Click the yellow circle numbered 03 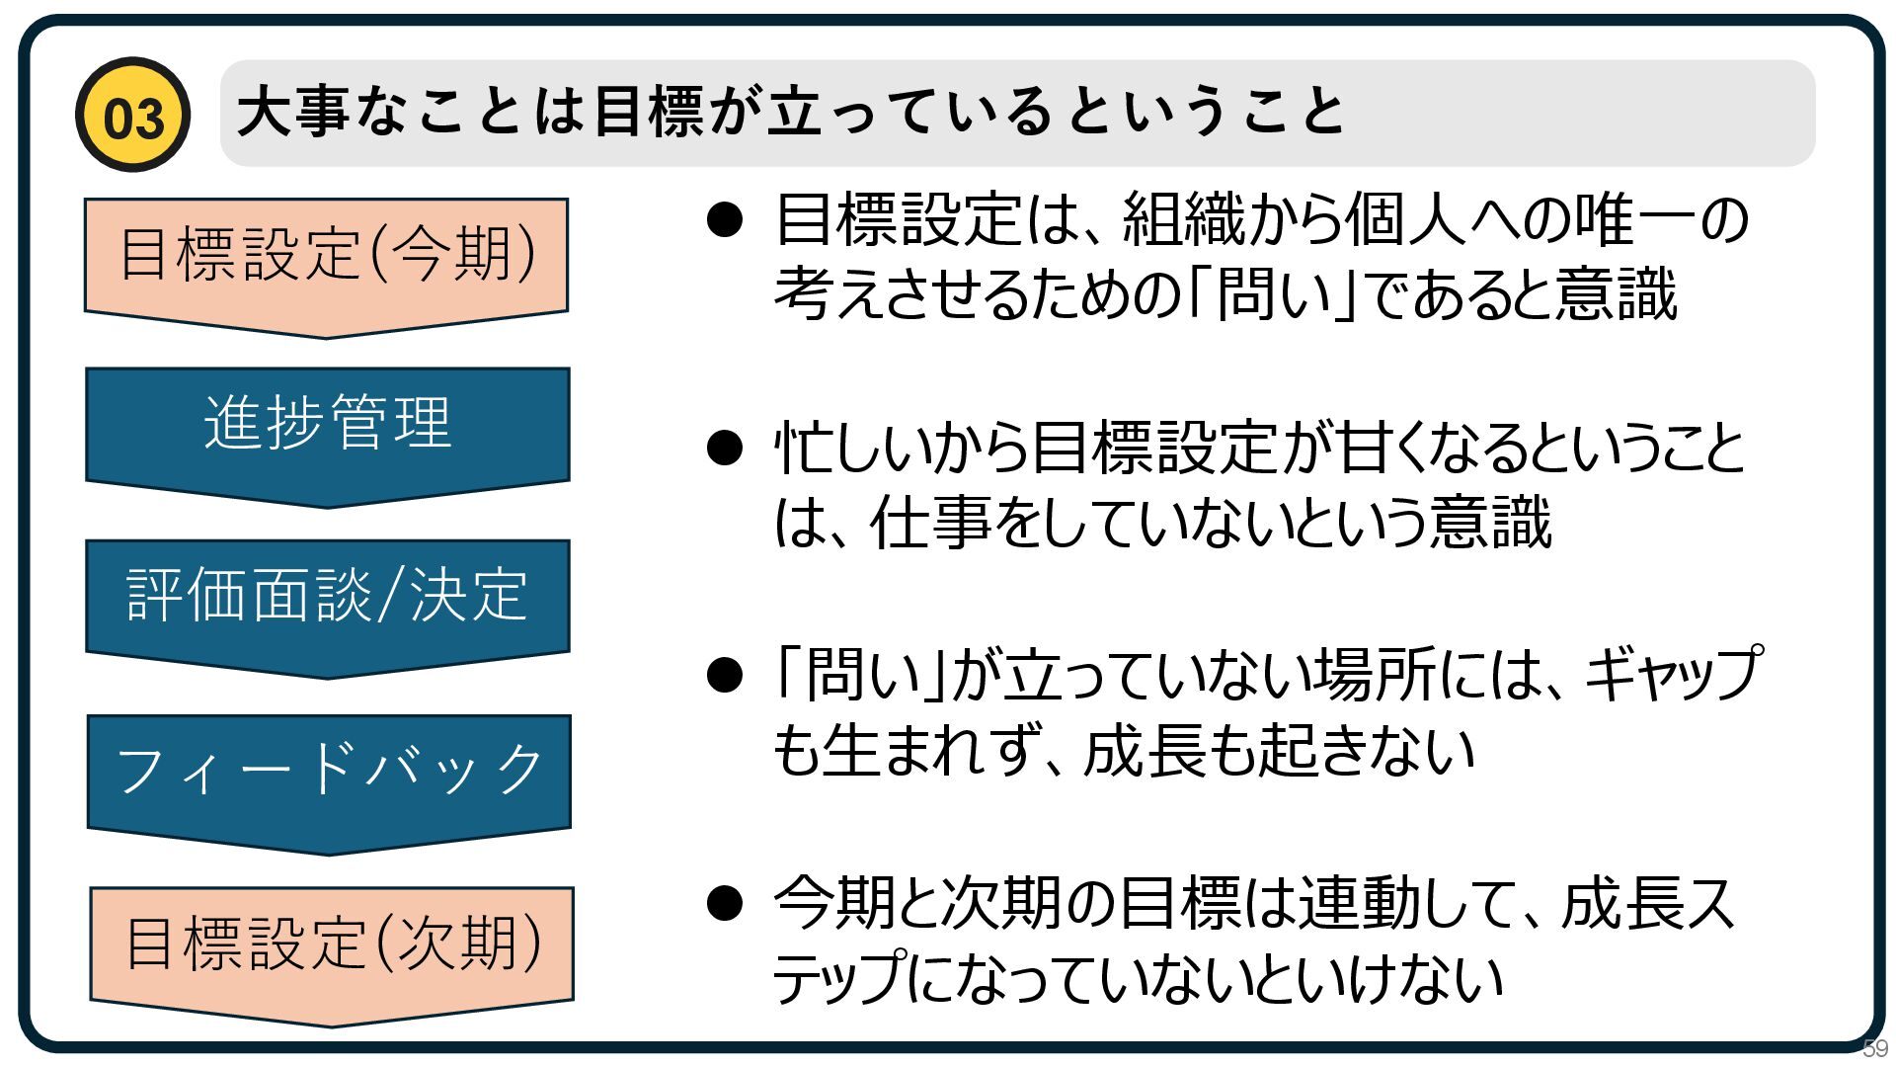[x=132, y=116]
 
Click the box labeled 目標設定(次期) [x=332, y=944]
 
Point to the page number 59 [x=1874, y=1049]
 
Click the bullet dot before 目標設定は [x=725, y=219]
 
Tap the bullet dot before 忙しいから [x=725, y=448]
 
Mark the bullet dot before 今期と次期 [x=725, y=903]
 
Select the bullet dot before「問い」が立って [x=725, y=676]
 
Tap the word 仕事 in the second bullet [x=930, y=524]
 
